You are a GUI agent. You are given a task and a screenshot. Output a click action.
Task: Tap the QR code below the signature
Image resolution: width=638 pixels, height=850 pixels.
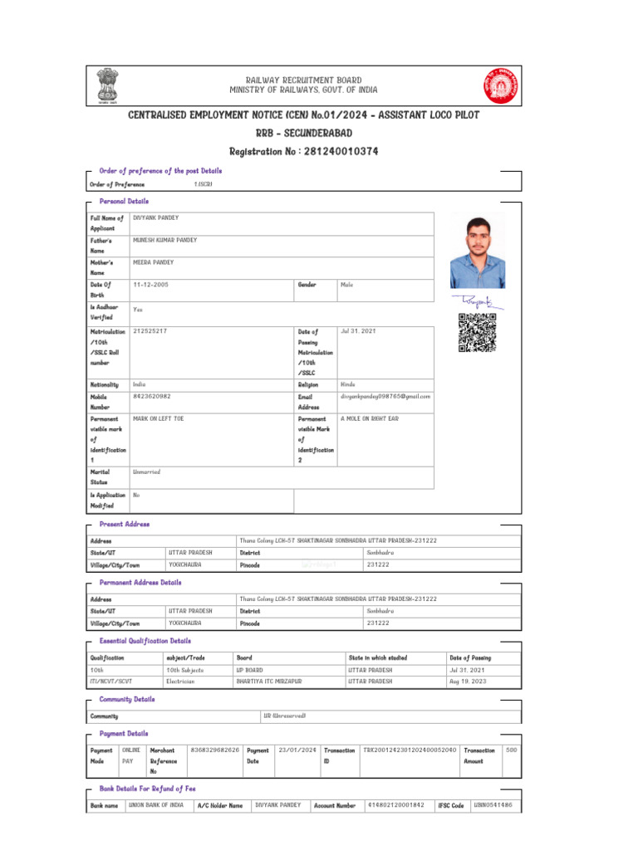[477, 333]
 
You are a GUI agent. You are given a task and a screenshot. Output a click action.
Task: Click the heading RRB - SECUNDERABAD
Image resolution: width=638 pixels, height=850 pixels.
[304, 133]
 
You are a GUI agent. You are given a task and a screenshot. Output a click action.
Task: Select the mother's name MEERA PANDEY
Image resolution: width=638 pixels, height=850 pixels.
[154, 262]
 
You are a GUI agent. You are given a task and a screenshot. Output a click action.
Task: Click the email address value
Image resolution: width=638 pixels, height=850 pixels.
[385, 397]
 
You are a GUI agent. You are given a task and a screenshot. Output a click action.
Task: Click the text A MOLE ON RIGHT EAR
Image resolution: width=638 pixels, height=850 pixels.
[370, 419]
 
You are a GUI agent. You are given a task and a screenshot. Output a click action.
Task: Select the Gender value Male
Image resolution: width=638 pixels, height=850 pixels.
[347, 285]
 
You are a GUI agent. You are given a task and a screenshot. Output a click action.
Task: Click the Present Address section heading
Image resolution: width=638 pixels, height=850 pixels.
[125, 525]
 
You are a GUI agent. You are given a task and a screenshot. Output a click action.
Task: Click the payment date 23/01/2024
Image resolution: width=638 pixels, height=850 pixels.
[297, 750]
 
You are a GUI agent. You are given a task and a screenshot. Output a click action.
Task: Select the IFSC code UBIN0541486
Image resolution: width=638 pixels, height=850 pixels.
[493, 805]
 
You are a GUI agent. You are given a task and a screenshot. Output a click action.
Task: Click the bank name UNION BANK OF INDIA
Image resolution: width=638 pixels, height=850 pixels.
[156, 805]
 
